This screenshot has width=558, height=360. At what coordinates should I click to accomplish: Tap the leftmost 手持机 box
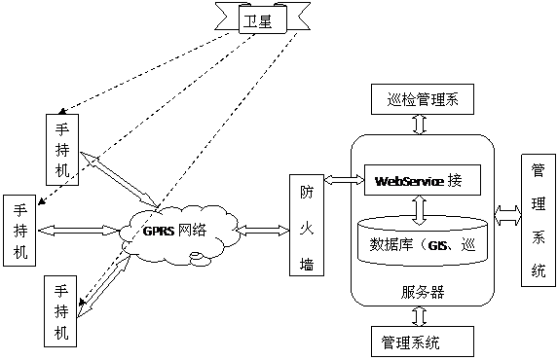(21, 231)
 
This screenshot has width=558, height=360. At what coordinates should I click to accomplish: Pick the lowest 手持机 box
(61, 310)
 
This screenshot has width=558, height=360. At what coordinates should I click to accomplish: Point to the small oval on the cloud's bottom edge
(198, 258)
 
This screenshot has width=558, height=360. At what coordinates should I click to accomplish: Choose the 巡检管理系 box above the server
(421, 98)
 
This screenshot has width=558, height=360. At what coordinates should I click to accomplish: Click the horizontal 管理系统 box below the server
(421, 342)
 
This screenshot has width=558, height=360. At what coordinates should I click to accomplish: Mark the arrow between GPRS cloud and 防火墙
(261, 231)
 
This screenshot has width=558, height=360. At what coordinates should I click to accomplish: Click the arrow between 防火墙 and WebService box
(341, 181)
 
